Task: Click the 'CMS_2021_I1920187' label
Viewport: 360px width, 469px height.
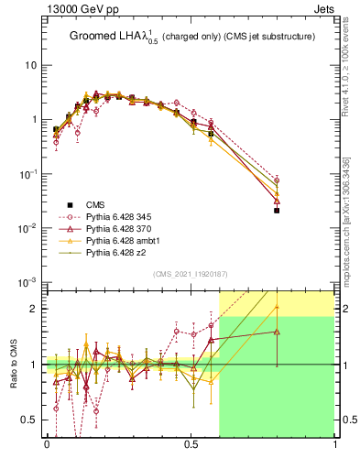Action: pos(191,275)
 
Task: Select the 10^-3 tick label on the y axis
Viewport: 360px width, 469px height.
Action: pos(29,281)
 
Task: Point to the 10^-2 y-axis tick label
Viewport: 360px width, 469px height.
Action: pos(29,227)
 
